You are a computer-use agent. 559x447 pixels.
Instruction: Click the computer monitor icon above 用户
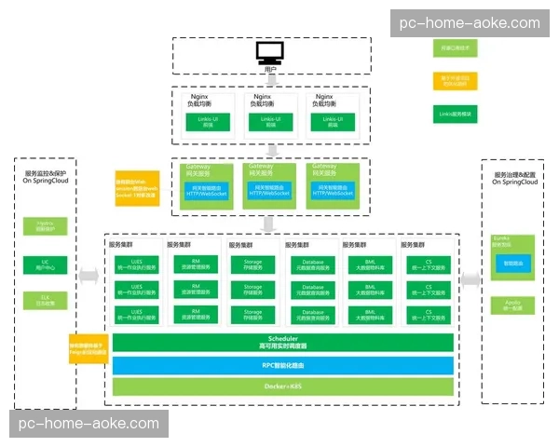pyautogui.click(x=270, y=52)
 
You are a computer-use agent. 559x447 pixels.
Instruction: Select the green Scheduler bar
pyautogui.click(x=282, y=342)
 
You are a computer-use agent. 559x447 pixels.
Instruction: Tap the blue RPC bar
pyautogui.click(x=282, y=364)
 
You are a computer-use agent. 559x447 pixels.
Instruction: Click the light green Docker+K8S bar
pyautogui.click(x=282, y=386)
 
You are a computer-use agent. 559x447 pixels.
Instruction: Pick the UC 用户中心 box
pyautogui.click(x=46, y=264)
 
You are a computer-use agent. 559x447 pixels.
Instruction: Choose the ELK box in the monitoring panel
pyautogui.click(x=46, y=300)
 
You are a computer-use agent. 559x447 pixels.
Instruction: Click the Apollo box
pyautogui.click(x=511, y=305)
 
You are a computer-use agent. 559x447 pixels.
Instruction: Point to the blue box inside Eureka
pyautogui.click(x=512, y=264)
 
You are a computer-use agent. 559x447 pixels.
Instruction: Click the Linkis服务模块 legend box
pyautogui.click(x=455, y=115)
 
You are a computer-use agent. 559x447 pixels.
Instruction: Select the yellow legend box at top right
pyautogui.click(x=455, y=80)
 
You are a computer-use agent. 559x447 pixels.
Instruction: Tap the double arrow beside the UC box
pyautogui.click(x=89, y=275)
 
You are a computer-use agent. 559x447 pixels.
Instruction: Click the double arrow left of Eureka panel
pyautogui.click(x=470, y=278)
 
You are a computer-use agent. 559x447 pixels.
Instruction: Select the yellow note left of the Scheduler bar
pyautogui.click(x=88, y=348)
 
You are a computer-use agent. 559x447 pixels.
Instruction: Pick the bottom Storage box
pyautogui.click(x=253, y=315)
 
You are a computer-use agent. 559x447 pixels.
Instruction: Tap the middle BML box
pyautogui.click(x=371, y=291)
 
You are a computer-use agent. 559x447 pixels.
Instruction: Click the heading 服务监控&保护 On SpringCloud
pyautogui.click(x=46, y=177)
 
